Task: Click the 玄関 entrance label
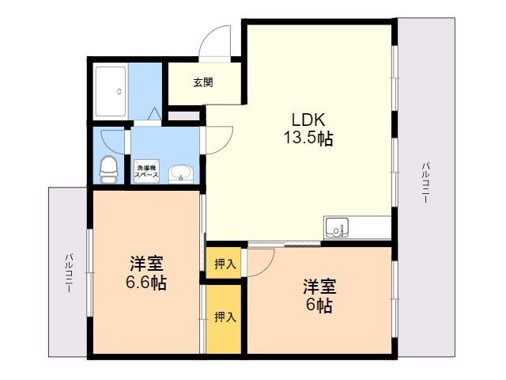tap(203, 82)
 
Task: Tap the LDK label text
tap(308, 120)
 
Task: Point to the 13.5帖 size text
tap(308, 139)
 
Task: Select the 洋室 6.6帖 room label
tap(146, 273)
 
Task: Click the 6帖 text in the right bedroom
tap(319, 305)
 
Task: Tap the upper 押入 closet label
tap(225, 264)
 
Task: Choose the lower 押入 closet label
tap(225, 317)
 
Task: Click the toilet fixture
tap(109, 169)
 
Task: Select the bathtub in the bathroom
tap(111, 92)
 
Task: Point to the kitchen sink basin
tap(337, 227)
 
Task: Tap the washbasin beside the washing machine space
tap(181, 174)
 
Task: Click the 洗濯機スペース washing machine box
tap(146, 171)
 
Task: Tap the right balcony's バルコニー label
tap(426, 183)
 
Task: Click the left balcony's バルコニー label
tap(69, 273)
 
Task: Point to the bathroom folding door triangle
tap(155, 113)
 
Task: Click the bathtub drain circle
tap(119, 92)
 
